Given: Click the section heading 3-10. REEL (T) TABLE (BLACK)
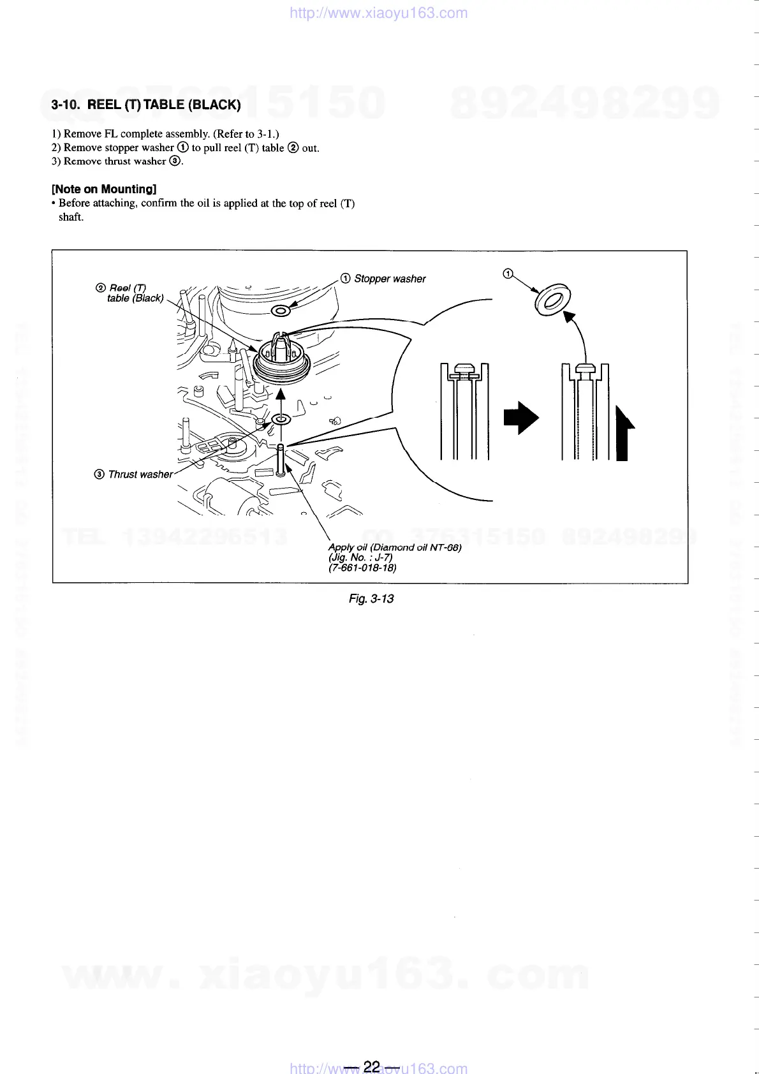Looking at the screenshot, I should click(x=146, y=105).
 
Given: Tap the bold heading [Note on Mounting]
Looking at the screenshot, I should click(x=104, y=189).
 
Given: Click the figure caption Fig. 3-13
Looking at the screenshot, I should click(x=371, y=598).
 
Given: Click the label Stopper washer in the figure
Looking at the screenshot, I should click(x=389, y=279).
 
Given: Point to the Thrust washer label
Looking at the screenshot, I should click(x=140, y=474).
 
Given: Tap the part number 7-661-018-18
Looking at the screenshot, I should click(x=362, y=568).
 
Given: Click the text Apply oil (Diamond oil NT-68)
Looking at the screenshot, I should click(x=394, y=547).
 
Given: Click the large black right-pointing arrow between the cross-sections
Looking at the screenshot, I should click(x=521, y=418).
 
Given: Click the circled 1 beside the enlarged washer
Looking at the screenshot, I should click(x=508, y=274).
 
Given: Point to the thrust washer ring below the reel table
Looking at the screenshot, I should click(x=281, y=419).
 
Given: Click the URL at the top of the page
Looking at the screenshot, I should click(x=379, y=13).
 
